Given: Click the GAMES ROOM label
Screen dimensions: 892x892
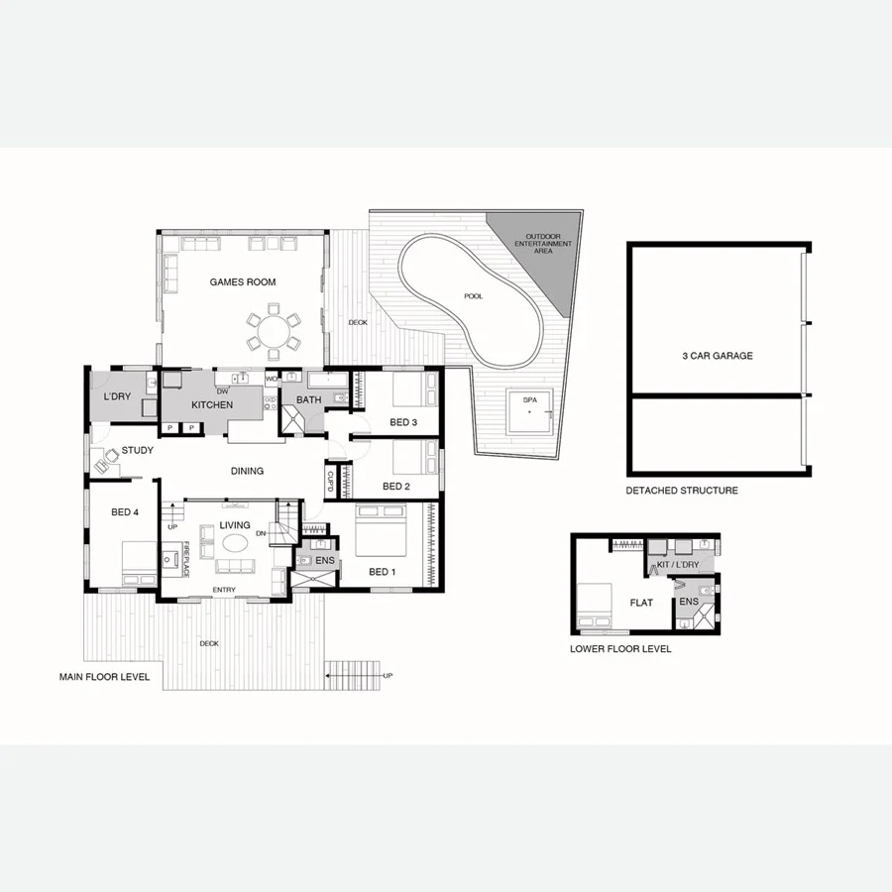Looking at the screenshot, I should pos(242,282).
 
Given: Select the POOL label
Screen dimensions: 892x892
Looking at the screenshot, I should pos(474,296).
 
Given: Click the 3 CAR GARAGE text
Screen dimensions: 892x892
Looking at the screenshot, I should pos(717,356).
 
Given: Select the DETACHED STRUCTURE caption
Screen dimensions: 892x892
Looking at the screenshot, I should pos(681,491).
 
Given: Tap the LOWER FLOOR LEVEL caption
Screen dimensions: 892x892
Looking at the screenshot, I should pos(620,649).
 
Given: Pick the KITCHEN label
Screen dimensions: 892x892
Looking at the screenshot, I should pos(212,405).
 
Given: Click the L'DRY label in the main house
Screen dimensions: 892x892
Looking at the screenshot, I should pos(117,397).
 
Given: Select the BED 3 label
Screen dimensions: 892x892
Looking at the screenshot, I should pos(403,423).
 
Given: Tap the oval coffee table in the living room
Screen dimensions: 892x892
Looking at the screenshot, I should pos(235,543).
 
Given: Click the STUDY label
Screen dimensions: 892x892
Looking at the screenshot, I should pos(137,451).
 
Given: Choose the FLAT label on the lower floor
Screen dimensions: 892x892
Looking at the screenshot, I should pos(641,602).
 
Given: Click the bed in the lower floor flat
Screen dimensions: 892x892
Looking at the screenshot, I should pos(594,605).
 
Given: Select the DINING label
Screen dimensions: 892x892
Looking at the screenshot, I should pos(247,471).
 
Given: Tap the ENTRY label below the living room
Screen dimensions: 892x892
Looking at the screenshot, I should pos(225,592).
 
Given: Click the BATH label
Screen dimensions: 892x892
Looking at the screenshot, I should pos(308,400).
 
